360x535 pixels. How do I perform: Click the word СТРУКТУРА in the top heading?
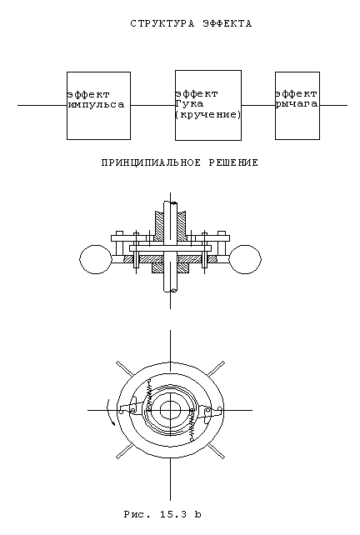pos(162,24)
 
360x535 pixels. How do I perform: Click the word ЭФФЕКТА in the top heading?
pos(227,24)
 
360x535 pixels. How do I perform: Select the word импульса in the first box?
pos(96,104)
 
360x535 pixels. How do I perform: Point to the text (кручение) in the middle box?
pos(208,114)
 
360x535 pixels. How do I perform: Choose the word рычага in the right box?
pos(297,104)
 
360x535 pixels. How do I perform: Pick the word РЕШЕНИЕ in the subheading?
pos(233,162)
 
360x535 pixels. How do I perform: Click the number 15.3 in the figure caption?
pos(173,514)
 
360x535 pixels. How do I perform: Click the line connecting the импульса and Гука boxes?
pos(152,105)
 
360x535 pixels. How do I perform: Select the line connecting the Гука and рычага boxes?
pos(258,105)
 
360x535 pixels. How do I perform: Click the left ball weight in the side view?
pos(96,259)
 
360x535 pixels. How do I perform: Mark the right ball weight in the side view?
pos(245,259)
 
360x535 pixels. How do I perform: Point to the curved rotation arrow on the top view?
pos(109,412)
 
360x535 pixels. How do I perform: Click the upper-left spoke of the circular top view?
pos(124,368)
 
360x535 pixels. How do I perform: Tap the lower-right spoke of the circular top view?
pos(217,451)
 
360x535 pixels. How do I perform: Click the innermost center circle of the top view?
pos(170,409)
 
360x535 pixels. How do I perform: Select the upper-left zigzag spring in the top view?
pos(149,393)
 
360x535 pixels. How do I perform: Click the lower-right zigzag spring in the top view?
pos(192,424)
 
